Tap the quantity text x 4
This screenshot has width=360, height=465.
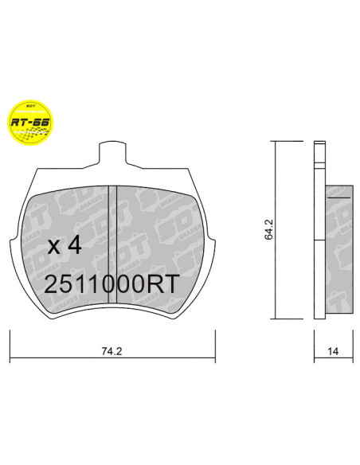[65, 246]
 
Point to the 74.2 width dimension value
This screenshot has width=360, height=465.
[111, 349]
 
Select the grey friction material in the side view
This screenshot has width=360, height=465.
[340, 247]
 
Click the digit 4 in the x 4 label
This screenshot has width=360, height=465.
[74, 246]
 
